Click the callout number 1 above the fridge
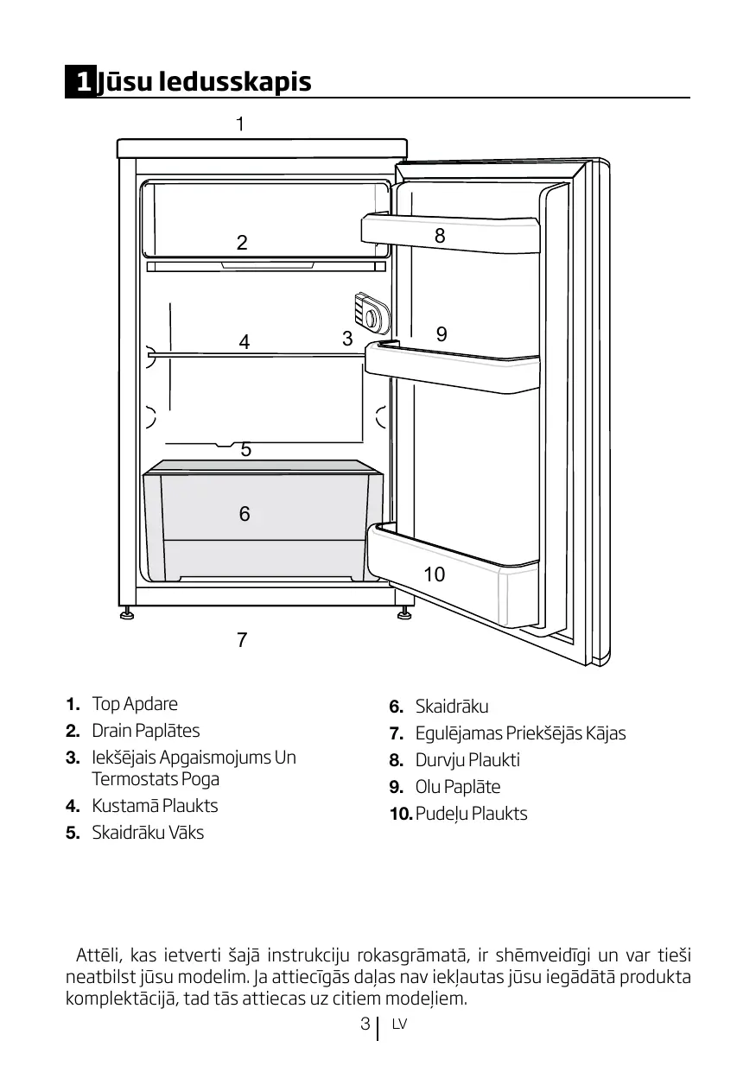[x=240, y=124]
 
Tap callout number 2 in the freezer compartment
[x=242, y=243]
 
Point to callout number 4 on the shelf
[x=245, y=342]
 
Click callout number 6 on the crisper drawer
[x=245, y=514]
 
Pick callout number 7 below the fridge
[x=242, y=640]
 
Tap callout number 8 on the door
[x=440, y=235]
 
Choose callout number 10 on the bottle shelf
[x=435, y=574]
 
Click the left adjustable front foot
[x=127, y=615]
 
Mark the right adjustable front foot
[x=403, y=615]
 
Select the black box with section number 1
[x=81, y=82]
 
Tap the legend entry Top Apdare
[x=135, y=703]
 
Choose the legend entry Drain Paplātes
[x=146, y=730]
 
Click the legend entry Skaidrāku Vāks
[x=148, y=833]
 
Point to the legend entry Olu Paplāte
[x=458, y=787]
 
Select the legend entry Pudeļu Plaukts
[x=471, y=814]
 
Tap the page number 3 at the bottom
[x=365, y=1024]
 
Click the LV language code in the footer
[x=398, y=1025]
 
